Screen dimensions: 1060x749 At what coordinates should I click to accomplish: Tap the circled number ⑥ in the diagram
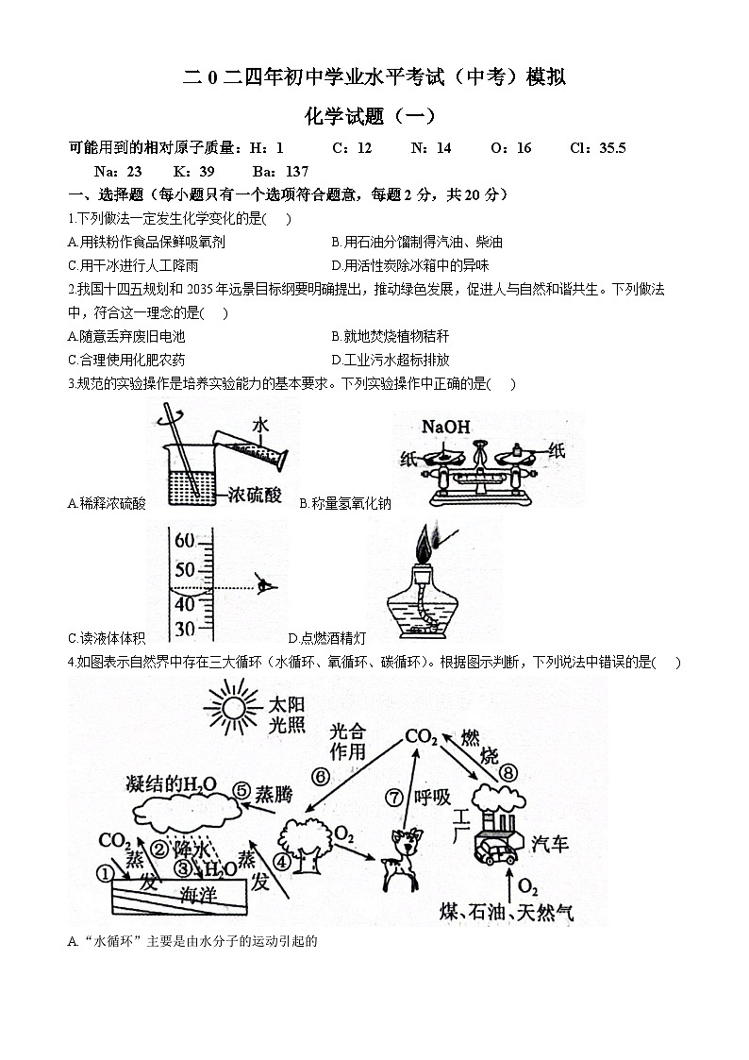tap(321, 776)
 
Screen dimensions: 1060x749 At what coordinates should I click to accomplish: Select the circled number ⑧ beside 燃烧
tap(508, 773)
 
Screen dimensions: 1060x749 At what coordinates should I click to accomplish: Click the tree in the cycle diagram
tap(300, 842)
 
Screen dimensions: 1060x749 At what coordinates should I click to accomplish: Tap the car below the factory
tap(497, 852)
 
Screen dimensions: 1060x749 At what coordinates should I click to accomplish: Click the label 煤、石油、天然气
tap(507, 912)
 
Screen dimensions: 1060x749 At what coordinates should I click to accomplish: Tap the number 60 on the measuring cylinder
tap(184, 542)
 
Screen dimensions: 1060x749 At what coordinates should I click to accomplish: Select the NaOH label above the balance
tap(445, 427)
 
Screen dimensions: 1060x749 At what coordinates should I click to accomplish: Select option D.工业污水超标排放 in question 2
tap(391, 360)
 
